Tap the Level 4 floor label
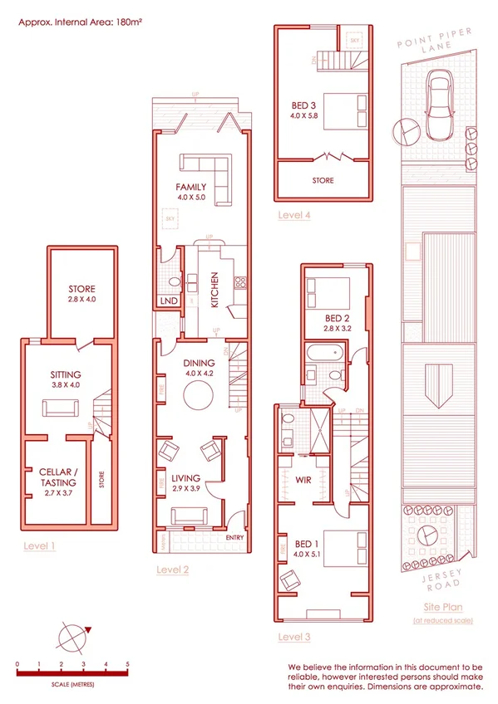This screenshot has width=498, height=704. [294, 216]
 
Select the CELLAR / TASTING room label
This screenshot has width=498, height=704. [58, 477]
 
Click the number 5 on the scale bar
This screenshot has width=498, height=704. [126, 664]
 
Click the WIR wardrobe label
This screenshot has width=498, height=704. [303, 478]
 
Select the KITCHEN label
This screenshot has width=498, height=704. [214, 290]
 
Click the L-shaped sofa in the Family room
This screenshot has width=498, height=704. [218, 178]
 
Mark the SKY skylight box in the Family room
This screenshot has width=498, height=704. [172, 218]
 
